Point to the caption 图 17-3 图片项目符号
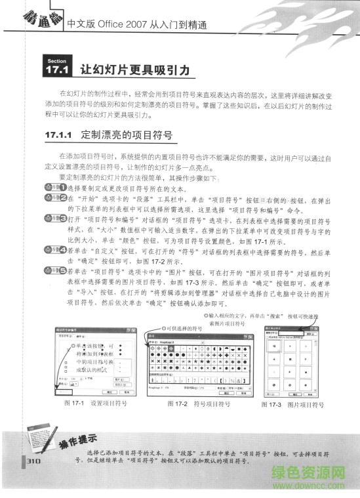coord(292,405)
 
